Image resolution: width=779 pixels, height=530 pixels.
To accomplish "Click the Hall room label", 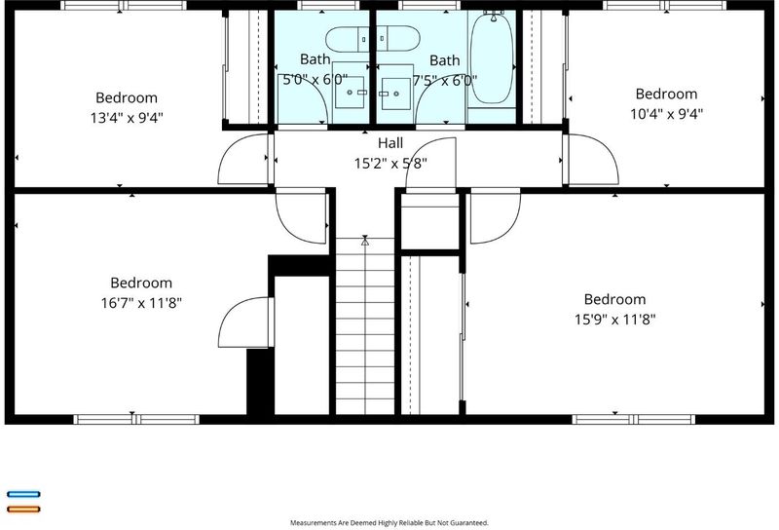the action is [x=390, y=143].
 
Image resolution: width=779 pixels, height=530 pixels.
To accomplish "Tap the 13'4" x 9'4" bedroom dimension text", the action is [x=127, y=118].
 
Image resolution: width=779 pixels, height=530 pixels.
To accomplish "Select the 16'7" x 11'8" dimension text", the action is [x=141, y=303].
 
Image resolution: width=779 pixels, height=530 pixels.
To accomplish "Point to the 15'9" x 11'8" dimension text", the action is [x=615, y=320].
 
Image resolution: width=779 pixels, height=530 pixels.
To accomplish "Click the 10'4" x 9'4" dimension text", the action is [x=666, y=114].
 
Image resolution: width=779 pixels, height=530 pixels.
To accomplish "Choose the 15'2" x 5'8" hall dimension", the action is [x=390, y=163].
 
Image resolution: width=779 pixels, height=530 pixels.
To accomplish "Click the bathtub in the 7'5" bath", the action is [x=492, y=58].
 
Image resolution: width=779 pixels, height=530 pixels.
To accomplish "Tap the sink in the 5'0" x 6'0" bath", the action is [x=351, y=92].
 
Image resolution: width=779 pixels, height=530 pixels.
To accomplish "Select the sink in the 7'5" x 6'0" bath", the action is [x=395, y=94].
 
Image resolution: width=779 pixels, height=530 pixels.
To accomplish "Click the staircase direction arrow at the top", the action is [x=365, y=241].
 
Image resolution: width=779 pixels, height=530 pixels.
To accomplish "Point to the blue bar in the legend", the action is [x=23, y=494].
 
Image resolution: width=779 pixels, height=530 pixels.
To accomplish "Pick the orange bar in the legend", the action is [x=23, y=509].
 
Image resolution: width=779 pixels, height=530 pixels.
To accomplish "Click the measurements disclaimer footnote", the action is [x=389, y=522].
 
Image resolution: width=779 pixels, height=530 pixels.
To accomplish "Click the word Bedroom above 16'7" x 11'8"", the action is [x=141, y=283].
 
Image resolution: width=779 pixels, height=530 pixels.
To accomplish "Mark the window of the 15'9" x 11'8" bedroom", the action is [x=634, y=419].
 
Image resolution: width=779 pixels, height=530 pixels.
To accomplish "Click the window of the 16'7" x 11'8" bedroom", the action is [x=136, y=419].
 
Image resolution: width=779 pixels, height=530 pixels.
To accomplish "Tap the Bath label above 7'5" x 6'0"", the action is [x=444, y=60].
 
